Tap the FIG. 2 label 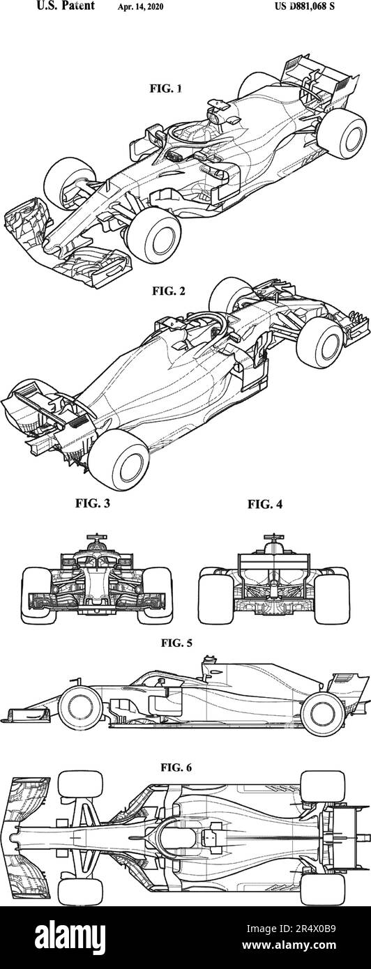click(169, 291)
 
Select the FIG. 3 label click(93, 503)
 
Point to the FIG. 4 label click(264, 504)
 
